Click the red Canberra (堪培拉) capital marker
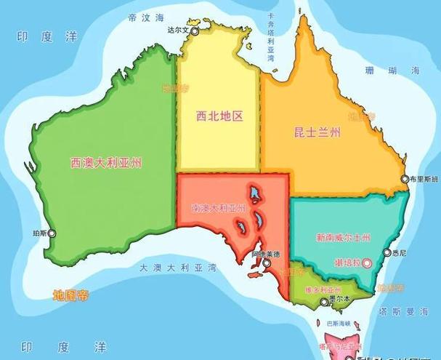(368, 261)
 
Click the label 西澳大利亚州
(106, 162)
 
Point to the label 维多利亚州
(318, 289)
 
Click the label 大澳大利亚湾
(177, 268)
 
